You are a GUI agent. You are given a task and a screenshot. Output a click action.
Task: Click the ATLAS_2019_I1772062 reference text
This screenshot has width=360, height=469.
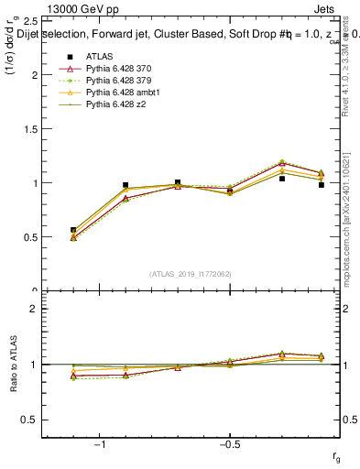click(x=191, y=273)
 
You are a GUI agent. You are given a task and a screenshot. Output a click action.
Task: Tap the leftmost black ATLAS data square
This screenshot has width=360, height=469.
click(x=73, y=230)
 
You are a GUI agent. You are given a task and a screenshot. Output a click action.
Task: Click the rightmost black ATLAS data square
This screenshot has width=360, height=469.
click(x=322, y=185)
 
